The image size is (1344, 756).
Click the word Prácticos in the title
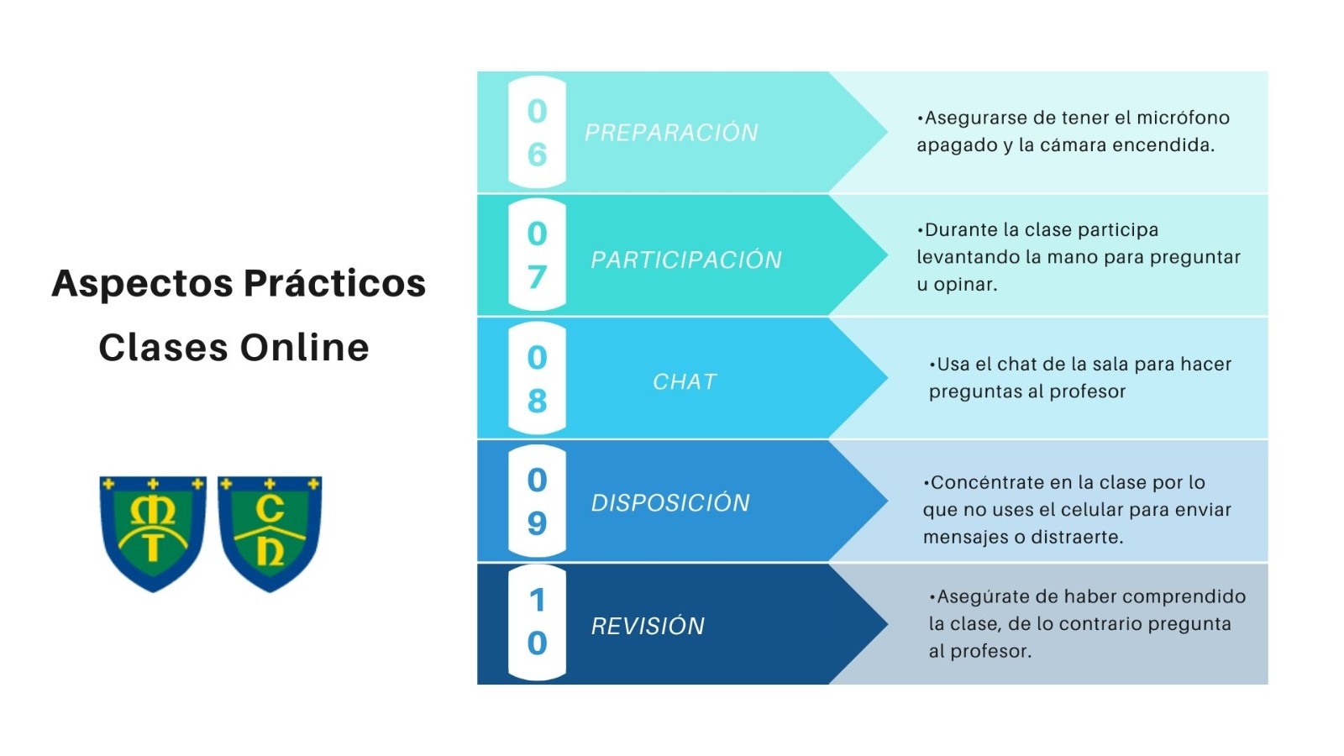(335, 282)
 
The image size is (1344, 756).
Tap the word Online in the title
(304, 348)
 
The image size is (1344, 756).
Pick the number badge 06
(537, 132)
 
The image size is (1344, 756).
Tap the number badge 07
(537, 255)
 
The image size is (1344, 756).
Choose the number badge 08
(537, 378)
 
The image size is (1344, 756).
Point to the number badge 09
(537, 501)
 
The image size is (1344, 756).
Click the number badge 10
(537, 622)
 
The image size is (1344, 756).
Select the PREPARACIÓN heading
(671, 132)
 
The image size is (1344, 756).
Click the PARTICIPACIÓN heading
(685, 260)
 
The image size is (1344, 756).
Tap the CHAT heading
(685, 381)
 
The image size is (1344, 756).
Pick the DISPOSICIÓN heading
(670, 502)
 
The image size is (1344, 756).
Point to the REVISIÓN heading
(648, 626)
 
